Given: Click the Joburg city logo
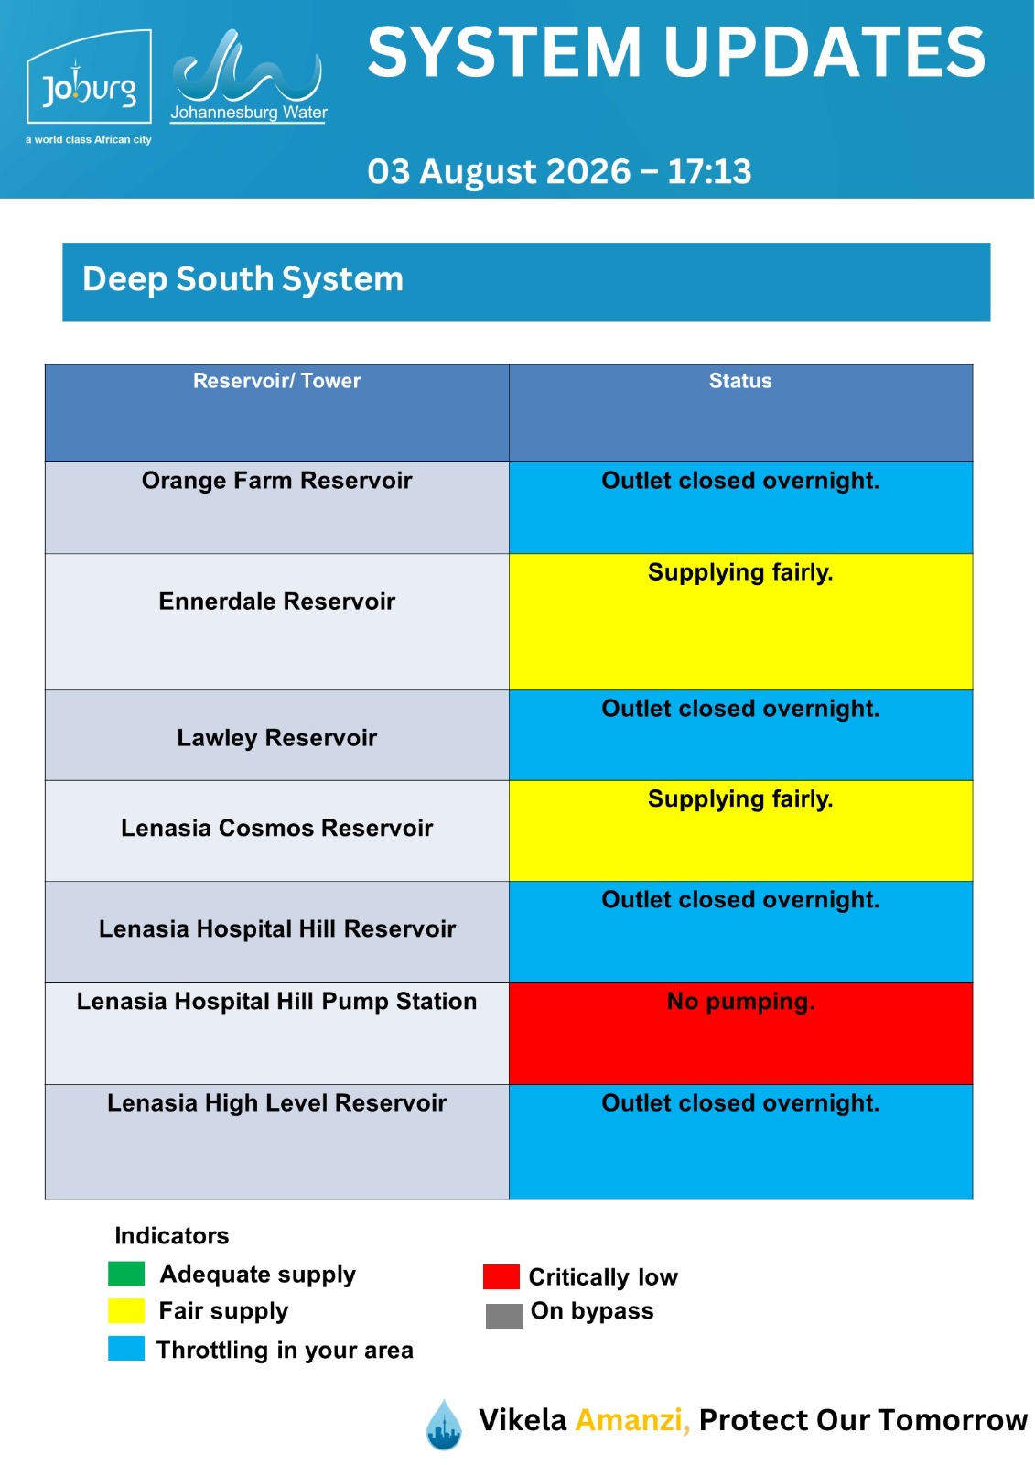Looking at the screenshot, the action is [89, 86].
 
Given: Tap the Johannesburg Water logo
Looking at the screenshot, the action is [248, 76].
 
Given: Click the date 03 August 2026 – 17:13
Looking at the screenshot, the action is [559, 171].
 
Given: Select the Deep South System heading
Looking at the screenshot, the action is [243, 279].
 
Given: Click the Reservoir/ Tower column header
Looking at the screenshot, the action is [276, 381].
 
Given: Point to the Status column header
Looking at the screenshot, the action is [740, 381].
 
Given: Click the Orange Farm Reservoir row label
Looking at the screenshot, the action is [276, 481].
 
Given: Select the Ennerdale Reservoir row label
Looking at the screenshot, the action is [276, 601].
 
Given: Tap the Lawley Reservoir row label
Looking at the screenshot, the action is [276, 738].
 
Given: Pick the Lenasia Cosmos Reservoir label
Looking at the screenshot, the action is [276, 828].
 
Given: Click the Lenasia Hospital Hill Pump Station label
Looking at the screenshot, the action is [276, 1002].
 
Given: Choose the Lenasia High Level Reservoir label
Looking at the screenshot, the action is [276, 1102].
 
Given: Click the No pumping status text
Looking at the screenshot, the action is [740, 1002].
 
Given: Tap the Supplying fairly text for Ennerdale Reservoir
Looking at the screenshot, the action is [740, 572].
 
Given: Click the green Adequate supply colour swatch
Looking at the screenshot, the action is [126, 1274].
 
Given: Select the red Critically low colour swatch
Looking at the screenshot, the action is [501, 1276].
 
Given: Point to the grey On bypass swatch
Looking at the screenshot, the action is [504, 1316].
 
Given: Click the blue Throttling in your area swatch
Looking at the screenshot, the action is [126, 1349].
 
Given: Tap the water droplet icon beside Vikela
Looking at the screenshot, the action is [444, 1425].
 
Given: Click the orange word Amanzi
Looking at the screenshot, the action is [632, 1420].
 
